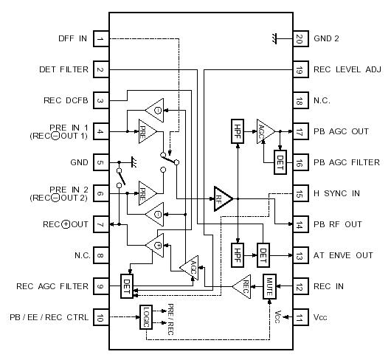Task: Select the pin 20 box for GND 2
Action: [x=299, y=38]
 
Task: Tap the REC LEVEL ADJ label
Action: [x=347, y=70]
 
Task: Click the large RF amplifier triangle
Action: [x=222, y=199]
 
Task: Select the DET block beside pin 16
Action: [x=280, y=159]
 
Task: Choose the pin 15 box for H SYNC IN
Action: [x=299, y=193]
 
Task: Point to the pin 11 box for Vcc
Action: [x=299, y=317]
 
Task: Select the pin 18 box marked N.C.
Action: [x=299, y=100]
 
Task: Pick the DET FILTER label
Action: [x=63, y=70]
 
